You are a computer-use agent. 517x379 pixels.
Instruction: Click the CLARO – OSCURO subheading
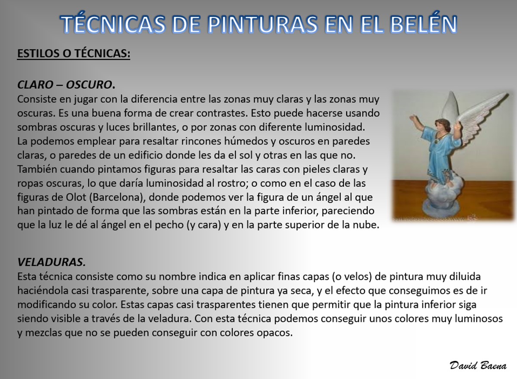point(66,85)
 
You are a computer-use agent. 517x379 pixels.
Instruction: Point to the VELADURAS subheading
point(52,262)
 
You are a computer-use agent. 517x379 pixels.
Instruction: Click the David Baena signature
point(478,366)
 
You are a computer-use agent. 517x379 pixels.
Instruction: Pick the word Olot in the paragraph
point(76,197)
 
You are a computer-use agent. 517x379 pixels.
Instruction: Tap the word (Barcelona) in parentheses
point(117,197)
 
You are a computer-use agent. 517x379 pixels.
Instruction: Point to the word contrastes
point(222,113)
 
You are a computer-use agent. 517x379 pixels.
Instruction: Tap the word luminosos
point(478,319)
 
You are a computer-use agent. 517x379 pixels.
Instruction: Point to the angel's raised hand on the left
point(412,118)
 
